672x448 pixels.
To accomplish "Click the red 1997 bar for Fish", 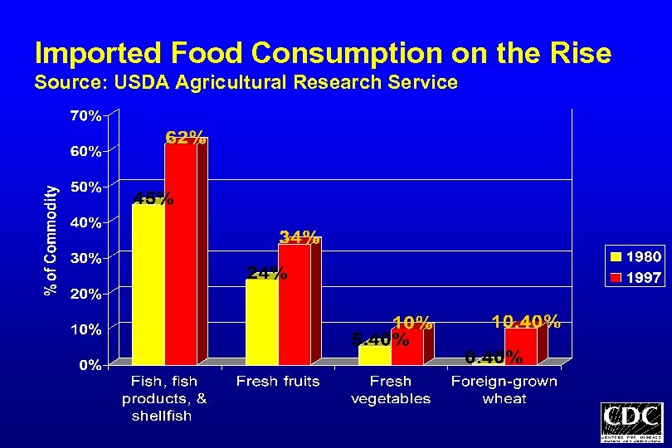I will click(181, 253).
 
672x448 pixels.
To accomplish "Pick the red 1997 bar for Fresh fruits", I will click(294, 304).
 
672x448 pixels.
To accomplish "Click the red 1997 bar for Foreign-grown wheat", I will click(520, 346).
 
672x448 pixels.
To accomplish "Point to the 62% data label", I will click(186, 138).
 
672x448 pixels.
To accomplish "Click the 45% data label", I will click(153, 198).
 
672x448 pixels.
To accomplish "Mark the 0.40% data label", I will click(494, 358).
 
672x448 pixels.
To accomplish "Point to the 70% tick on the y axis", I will click(85, 116).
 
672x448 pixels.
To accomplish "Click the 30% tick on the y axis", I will click(85, 258).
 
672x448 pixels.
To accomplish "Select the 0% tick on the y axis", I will click(90, 365).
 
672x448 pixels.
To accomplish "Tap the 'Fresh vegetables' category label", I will click(391, 390).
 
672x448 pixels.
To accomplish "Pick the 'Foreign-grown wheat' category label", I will click(504, 390).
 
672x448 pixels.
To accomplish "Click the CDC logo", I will click(631, 422).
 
